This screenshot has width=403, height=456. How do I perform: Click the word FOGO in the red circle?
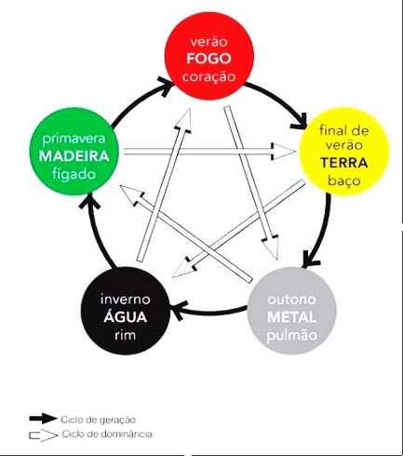tap(208, 59)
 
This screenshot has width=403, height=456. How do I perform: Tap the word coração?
tap(208, 77)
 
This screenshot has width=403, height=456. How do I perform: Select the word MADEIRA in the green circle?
tap(74, 156)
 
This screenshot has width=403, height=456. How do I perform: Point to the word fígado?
tap(74, 174)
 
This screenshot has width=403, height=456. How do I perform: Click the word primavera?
tap(74, 139)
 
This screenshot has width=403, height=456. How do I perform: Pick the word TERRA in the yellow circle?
tap(344, 163)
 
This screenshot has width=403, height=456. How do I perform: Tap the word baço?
tap(344, 181)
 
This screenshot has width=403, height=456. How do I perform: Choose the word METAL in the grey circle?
tap(291, 317)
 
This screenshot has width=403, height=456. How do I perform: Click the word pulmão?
tap(291, 335)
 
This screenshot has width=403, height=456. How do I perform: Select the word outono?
tap(291, 300)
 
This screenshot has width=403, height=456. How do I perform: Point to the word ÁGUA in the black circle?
tap(126, 316)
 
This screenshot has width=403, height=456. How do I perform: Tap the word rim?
tap(126, 335)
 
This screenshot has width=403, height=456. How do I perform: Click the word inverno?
tap(126, 300)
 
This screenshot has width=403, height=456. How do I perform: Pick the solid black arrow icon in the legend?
tap(44, 419)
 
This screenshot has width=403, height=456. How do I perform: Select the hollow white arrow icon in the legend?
tap(44, 436)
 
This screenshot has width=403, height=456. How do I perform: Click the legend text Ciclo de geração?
tap(99, 420)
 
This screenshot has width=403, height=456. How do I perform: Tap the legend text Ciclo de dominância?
tap(107, 434)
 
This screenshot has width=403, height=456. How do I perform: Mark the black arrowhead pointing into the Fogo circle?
tap(165, 86)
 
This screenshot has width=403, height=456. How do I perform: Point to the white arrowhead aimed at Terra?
tap(284, 152)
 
